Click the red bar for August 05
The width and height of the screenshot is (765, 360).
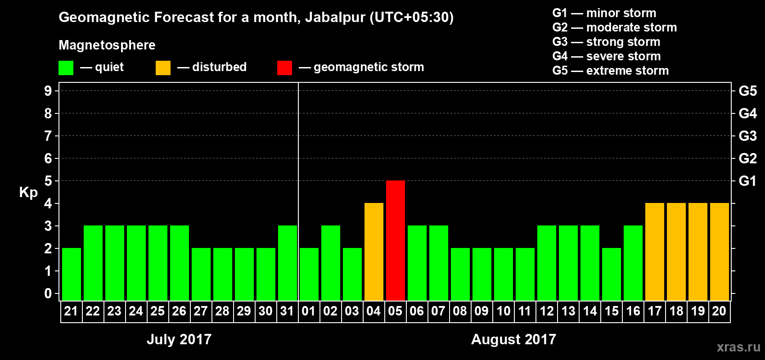[x=396, y=240]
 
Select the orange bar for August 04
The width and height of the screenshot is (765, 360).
[x=374, y=252]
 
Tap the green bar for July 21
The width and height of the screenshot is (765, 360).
[x=72, y=274]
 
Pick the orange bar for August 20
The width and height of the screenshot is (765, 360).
[x=720, y=252]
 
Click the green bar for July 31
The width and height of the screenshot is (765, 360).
[x=288, y=263]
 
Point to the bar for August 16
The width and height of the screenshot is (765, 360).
[x=633, y=263]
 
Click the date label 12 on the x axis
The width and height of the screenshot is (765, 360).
[x=547, y=311]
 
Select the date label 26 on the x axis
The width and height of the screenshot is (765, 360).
[x=179, y=311]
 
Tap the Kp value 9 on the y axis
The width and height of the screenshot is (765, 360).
[x=48, y=91]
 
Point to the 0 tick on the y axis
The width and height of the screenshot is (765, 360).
[x=48, y=294]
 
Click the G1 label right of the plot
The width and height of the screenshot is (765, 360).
[x=747, y=181]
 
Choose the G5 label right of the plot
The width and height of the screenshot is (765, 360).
[x=747, y=91]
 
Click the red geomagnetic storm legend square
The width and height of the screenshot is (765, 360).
[x=284, y=68]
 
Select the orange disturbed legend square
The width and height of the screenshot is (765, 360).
[x=163, y=68]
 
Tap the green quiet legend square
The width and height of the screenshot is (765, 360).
[x=66, y=68]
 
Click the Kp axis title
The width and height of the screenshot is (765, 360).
[x=28, y=193]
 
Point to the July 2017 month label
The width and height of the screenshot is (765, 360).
[x=179, y=339]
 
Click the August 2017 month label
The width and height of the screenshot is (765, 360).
[x=513, y=339]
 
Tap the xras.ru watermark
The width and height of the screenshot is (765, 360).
[x=738, y=347]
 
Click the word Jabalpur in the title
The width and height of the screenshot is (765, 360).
[x=335, y=18]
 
